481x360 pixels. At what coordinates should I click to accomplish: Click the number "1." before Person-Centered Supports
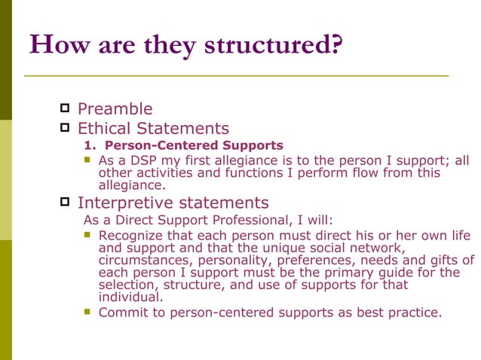(91, 145)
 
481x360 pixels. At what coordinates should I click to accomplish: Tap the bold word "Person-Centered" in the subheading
(155, 145)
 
